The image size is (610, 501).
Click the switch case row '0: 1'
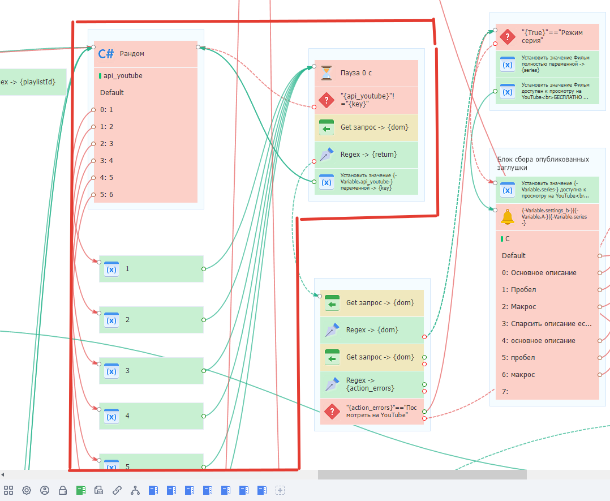[107, 110]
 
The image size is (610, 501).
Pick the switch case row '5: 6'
[107, 195]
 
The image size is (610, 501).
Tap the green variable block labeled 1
[151, 269]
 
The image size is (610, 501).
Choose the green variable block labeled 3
[151, 371]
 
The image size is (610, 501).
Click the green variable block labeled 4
[151, 416]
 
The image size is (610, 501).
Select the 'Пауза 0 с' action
[365, 73]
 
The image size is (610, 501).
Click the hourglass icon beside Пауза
[327, 73]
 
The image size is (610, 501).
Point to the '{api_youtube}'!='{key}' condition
[365, 100]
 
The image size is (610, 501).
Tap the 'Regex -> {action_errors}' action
[371, 384]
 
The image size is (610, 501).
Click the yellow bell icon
[508, 217]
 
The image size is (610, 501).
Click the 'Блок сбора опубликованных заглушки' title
[543, 163]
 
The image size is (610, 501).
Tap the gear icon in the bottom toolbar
[26, 490]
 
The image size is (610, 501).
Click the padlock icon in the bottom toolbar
[63, 490]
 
